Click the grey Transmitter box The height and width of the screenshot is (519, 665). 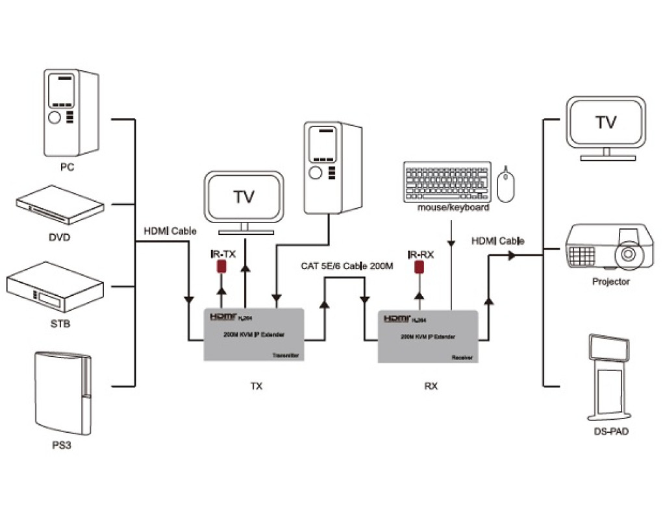(x=255, y=334)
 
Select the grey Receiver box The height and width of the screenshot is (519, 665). (x=429, y=337)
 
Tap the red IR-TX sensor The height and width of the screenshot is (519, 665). (x=221, y=266)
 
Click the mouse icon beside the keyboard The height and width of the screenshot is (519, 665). (x=506, y=183)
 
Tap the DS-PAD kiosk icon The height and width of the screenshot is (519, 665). (x=608, y=378)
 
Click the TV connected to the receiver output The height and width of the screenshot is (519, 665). (x=605, y=127)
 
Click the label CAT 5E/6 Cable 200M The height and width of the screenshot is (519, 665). (x=347, y=266)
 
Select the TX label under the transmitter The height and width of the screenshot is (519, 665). (x=257, y=386)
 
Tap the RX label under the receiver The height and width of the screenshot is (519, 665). (x=431, y=386)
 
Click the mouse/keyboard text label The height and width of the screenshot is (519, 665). (x=454, y=208)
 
